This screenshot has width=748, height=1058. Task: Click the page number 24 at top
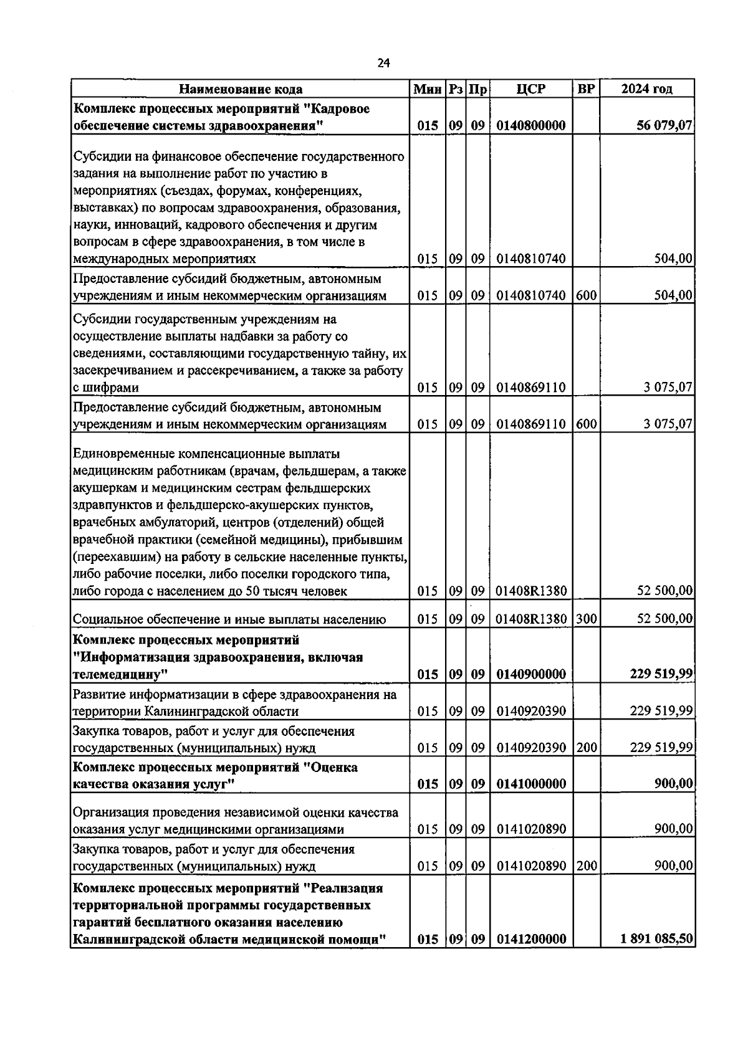click(383, 62)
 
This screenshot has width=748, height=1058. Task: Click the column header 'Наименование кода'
click(241, 89)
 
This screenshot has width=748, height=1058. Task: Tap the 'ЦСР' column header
click(531, 89)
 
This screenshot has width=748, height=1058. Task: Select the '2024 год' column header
click(647, 89)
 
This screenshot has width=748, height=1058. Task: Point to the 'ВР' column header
click(586, 89)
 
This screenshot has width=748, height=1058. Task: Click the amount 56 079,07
click(663, 125)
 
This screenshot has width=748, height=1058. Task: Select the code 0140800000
click(531, 125)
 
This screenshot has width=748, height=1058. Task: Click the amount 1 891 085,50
click(657, 939)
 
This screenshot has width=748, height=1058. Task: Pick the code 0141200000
click(531, 939)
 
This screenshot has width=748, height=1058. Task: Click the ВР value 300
click(586, 619)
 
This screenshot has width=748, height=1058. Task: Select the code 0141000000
click(531, 784)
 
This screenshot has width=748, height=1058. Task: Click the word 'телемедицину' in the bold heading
click(120, 674)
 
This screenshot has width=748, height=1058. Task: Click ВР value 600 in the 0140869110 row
click(586, 424)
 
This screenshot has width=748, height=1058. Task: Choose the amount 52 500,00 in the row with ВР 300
click(664, 619)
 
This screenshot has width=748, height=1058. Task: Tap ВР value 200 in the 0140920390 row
click(586, 747)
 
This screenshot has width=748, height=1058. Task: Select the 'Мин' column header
click(428, 89)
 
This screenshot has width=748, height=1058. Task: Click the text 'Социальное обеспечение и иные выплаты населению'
click(229, 619)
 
